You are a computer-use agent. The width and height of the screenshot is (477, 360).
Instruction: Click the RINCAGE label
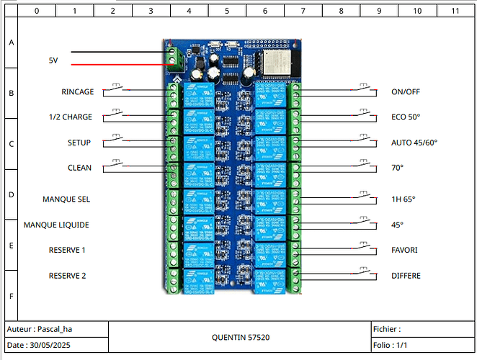coord(78,92)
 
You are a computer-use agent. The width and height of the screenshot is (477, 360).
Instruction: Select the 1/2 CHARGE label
coord(70,117)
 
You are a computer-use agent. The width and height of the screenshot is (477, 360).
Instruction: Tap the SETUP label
coord(79,143)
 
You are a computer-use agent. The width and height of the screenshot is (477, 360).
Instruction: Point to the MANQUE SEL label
coord(66,199)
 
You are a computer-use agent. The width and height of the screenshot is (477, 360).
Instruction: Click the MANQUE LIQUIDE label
coord(56,225)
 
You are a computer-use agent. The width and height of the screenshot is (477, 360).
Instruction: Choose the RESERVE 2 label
coord(68,276)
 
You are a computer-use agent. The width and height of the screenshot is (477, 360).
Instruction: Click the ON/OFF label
coord(405,92)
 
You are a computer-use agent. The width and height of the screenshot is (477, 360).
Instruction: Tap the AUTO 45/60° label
coord(414,143)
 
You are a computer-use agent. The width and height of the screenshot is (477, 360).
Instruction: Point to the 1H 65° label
coord(404,199)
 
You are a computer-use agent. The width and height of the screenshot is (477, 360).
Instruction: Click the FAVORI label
coord(405,250)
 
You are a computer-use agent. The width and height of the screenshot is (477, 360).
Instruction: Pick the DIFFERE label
coord(406,276)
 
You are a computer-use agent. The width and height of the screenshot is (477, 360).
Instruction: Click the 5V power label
coord(53,61)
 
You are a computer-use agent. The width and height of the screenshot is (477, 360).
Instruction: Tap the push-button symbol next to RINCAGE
coord(117,89)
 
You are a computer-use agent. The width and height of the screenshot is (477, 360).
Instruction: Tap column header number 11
coord(454,12)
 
